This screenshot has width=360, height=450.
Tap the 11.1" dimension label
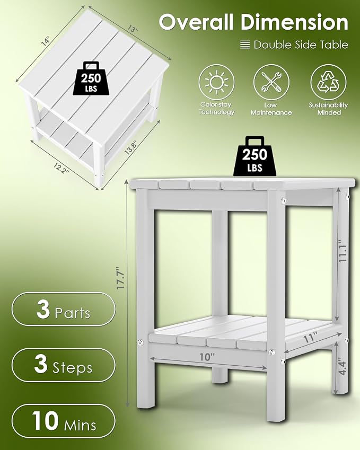pyautogui.click(x=343, y=251)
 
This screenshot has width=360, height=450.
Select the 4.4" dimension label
pyautogui.click(x=342, y=366)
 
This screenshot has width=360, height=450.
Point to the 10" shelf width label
pyautogui.click(x=207, y=357)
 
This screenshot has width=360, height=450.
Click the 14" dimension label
pyautogui.click(x=46, y=42)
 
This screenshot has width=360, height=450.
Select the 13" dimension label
pyautogui.click(x=132, y=29)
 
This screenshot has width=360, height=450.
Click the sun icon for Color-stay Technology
pyautogui.click(x=216, y=82)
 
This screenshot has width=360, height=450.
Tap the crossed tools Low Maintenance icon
pyautogui.click(x=271, y=82)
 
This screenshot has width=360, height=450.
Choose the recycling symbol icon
pyautogui.click(x=328, y=82)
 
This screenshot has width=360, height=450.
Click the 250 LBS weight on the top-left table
pyautogui.click(x=91, y=78)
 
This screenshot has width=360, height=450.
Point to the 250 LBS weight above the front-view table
pyautogui.click(x=254, y=156)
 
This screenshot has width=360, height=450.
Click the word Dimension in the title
pyautogui.click(x=295, y=22)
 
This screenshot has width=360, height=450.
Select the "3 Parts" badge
pyautogui.click(x=64, y=309)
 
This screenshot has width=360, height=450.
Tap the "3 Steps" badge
pyautogui.click(x=64, y=365)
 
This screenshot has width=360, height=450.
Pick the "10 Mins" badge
pyautogui.click(x=64, y=421)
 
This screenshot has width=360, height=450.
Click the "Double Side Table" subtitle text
pyautogui.click(x=301, y=45)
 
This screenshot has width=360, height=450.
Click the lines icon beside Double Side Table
pyautogui.click(x=245, y=45)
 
